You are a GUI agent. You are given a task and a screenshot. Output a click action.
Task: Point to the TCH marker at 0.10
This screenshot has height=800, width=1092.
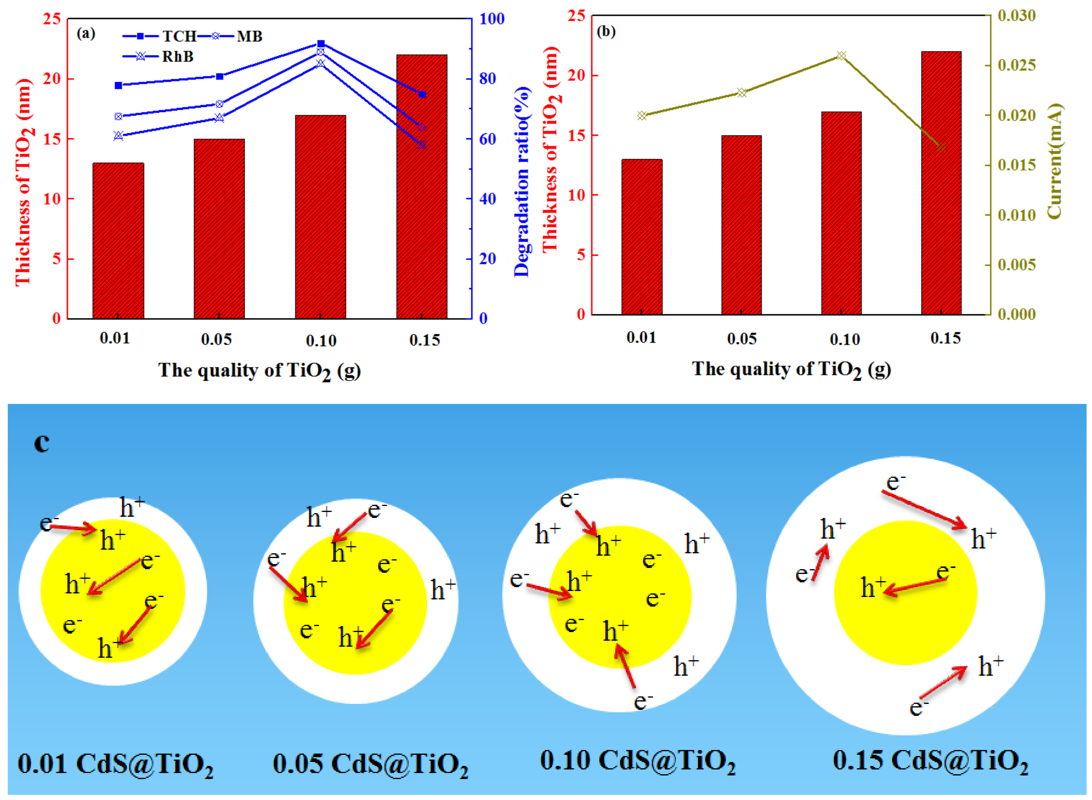tap(321, 44)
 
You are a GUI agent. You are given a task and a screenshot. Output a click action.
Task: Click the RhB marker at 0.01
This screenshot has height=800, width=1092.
tap(119, 136)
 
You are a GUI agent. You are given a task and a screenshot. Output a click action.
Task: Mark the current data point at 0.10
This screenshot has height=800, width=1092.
tap(841, 56)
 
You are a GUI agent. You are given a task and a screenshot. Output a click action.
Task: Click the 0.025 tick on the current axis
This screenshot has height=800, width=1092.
tap(1017, 65)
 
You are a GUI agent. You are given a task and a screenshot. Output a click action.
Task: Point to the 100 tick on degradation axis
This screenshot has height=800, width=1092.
tap(492, 19)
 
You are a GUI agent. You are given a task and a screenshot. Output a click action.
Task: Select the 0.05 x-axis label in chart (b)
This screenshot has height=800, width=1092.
tap(742, 339)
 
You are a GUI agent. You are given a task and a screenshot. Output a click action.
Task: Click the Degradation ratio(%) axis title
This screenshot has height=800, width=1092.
tap(522, 182)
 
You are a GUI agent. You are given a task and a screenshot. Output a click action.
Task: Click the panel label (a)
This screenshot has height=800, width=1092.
tap(86, 34)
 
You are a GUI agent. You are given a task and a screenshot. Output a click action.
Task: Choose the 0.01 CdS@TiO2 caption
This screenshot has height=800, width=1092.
tap(115, 764)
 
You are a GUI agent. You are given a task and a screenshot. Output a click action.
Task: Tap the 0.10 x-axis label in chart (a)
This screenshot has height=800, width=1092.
tap(321, 341)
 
